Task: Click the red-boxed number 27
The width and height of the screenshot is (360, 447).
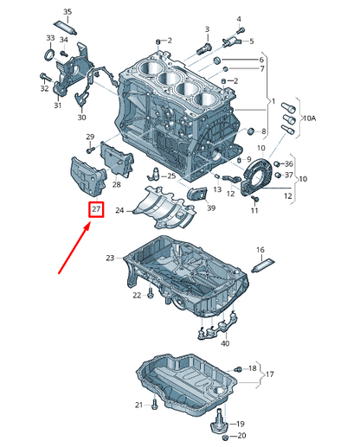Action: click(96, 208)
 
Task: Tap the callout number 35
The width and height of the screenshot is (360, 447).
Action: click(67, 12)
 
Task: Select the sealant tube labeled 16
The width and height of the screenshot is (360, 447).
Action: click(263, 265)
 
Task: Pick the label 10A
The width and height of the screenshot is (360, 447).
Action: click(309, 118)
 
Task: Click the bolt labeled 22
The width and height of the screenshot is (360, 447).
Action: click(151, 293)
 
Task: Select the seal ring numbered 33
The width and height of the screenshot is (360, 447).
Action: click(49, 54)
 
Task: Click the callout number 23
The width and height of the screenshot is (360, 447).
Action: click(110, 258)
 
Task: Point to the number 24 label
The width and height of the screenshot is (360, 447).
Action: click(119, 211)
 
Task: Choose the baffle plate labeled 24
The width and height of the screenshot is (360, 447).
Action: click(164, 207)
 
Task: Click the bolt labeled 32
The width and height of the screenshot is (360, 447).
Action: click(45, 77)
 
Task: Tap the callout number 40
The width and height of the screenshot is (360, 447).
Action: click(225, 343)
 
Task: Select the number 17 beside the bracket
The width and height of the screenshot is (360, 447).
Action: click(269, 374)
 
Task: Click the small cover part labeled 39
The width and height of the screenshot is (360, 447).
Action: click(197, 193)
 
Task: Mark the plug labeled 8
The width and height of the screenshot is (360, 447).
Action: click(251, 131)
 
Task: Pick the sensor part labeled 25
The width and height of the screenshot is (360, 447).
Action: click(154, 174)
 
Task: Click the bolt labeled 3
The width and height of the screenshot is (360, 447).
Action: click(204, 48)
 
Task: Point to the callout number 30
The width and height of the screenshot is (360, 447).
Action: click(82, 118)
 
